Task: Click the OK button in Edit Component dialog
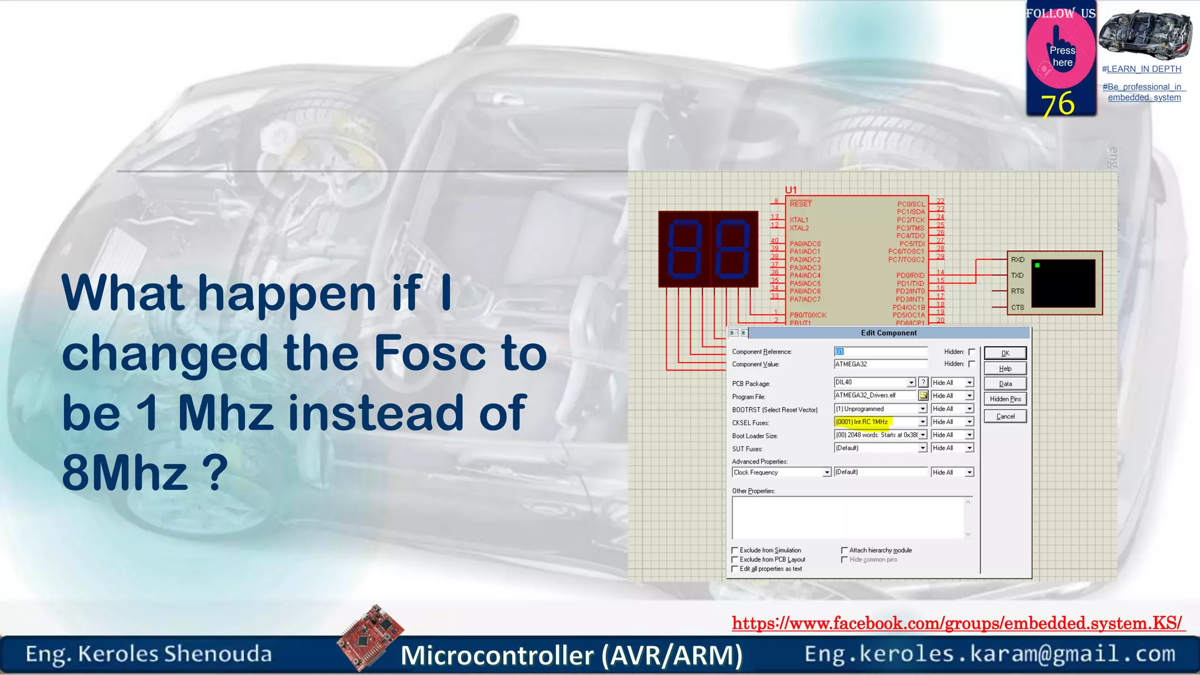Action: [1005, 353]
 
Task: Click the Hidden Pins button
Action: [1005, 399]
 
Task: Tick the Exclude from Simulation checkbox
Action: [735, 551]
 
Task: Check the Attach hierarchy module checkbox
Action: [844, 551]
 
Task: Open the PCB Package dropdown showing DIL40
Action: [911, 383]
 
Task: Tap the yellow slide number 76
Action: [1058, 104]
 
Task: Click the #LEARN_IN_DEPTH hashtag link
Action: [1141, 69]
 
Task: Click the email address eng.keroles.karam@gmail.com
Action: [990, 654]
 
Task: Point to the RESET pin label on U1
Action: [800, 204]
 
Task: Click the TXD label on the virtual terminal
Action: [1017, 275]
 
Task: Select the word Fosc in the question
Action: [429, 353]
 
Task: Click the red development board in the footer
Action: [370, 637]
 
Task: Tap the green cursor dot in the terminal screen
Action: [1037, 265]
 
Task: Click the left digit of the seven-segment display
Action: [684, 249]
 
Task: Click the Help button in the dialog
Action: [1005, 369]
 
